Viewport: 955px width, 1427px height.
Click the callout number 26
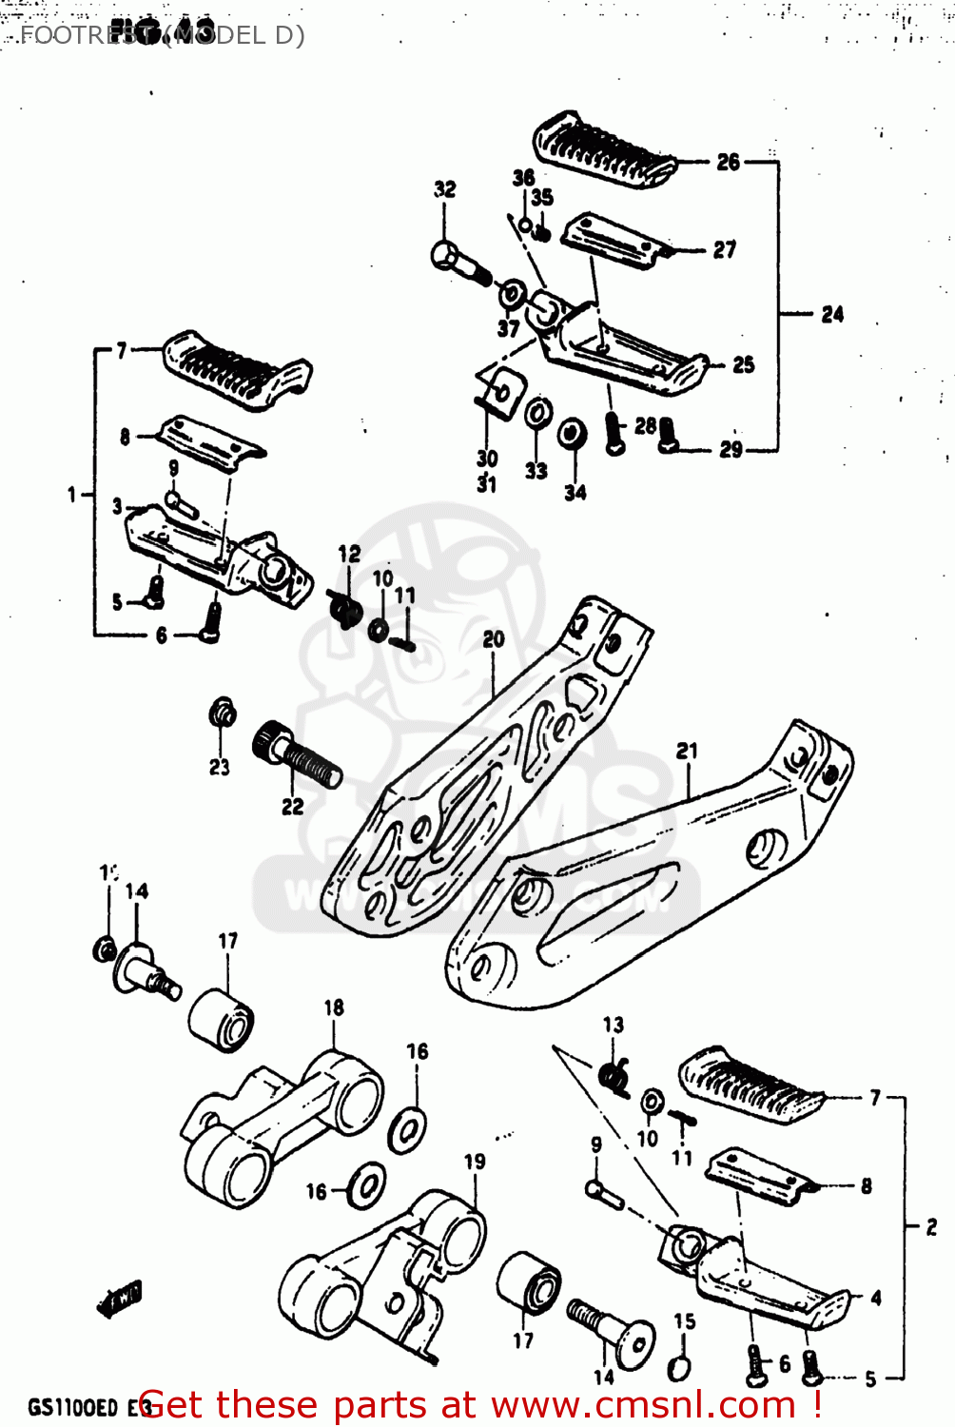pyautogui.click(x=728, y=162)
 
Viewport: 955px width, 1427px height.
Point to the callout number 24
pyautogui.click(x=832, y=314)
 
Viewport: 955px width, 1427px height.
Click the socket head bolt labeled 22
pyautogui.click(x=297, y=755)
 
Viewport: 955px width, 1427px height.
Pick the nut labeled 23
pyautogui.click(x=223, y=713)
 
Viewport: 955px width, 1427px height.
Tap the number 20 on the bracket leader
pyautogui.click(x=494, y=639)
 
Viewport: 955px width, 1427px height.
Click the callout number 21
pyautogui.click(x=686, y=751)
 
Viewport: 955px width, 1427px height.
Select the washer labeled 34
pyautogui.click(x=573, y=434)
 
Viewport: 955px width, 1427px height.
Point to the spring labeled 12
pyautogui.click(x=343, y=608)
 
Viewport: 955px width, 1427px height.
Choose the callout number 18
pyautogui.click(x=334, y=1007)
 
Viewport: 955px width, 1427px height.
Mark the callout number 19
pyautogui.click(x=475, y=1162)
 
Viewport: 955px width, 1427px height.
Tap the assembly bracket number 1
pyautogui.click(x=71, y=495)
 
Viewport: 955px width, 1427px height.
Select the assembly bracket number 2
pyautogui.click(x=931, y=1227)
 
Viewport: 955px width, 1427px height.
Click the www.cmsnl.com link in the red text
pyautogui.click(x=643, y=1404)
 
